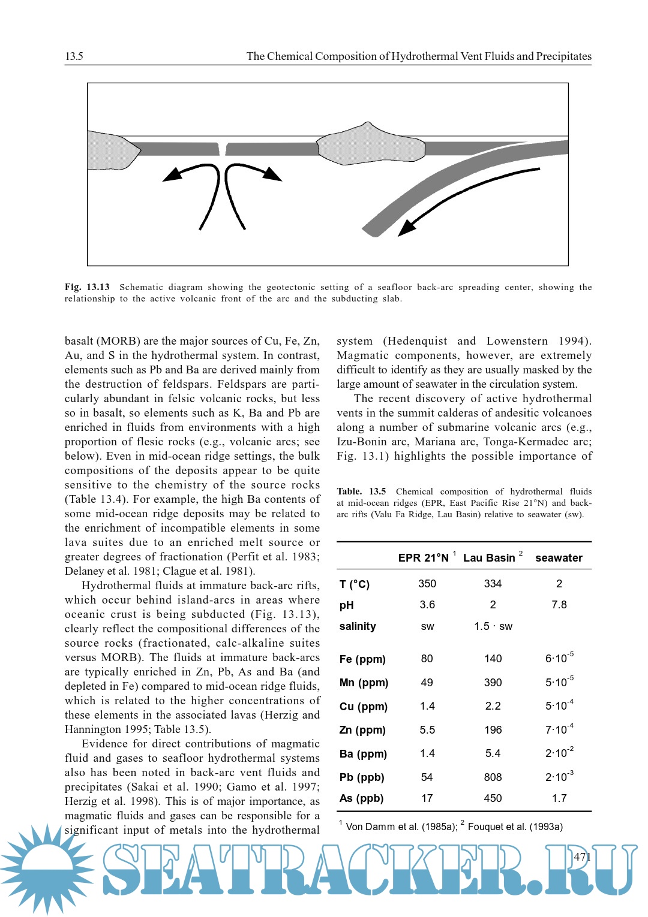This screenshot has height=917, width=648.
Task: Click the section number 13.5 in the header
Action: click(74, 56)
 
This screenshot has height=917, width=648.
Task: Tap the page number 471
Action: click(582, 856)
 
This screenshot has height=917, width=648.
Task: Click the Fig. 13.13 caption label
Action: click(87, 287)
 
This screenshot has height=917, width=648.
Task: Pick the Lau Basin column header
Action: click(489, 557)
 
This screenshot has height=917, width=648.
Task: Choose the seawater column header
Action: click(559, 557)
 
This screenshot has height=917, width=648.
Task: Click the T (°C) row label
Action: click(355, 584)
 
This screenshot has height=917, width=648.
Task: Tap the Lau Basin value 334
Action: click(493, 584)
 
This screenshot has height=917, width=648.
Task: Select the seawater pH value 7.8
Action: click(559, 605)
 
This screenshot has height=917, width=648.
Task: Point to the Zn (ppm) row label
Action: click(362, 730)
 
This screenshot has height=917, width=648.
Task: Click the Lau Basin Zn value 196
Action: click(493, 730)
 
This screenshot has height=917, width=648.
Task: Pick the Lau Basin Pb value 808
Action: click(493, 777)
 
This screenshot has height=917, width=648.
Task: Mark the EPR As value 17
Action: click(427, 798)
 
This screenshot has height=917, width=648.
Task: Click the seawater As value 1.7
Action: click(559, 798)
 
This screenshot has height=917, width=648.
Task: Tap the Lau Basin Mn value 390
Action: click(493, 683)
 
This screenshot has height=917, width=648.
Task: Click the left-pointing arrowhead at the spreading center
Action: click(172, 175)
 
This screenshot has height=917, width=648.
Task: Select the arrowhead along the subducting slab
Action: click(407, 227)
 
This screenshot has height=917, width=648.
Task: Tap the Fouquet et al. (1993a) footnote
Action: click(515, 826)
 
